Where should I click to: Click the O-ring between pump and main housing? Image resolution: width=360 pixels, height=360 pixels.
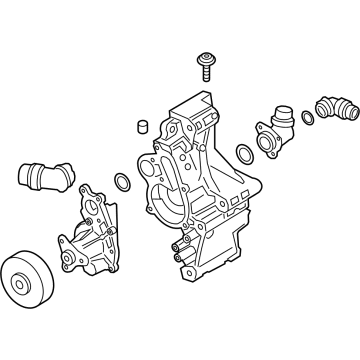pos(121,183)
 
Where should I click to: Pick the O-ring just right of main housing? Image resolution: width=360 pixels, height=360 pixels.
pos(244,154)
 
